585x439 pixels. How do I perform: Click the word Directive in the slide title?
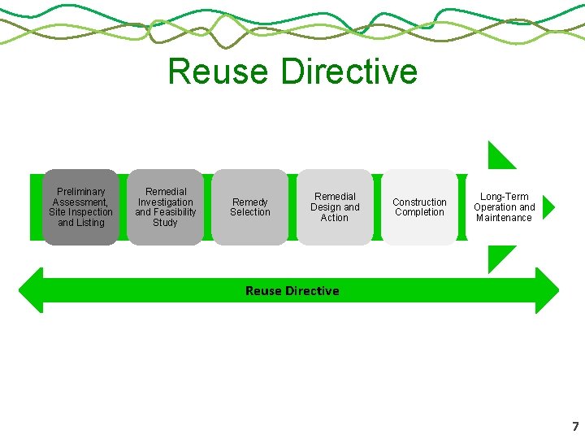click(350, 72)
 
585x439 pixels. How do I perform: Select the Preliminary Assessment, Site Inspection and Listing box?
click(80, 207)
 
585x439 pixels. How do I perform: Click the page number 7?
click(575, 427)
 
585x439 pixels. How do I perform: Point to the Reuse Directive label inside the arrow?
click(292, 291)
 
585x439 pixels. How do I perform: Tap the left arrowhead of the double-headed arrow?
click(30, 290)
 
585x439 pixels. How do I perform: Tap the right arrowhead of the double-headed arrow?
click(548, 290)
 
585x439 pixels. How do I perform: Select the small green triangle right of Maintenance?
click(548, 207)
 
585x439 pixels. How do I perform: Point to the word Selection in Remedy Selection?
click(249, 212)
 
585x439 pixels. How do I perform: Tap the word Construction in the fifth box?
click(419, 202)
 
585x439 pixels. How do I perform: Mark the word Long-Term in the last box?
click(504, 197)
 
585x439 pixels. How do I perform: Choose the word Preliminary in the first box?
click(80, 192)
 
